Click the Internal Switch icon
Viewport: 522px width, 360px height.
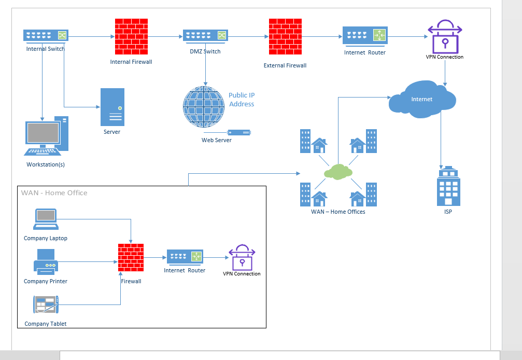click(46, 35)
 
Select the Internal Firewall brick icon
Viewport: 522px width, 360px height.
click(131, 36)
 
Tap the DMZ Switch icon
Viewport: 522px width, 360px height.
click(205, 35)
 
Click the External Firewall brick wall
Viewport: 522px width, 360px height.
click(286, 37)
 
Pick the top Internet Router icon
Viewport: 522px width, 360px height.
click(364, 35)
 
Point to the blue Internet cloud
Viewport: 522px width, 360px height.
click(422, 100)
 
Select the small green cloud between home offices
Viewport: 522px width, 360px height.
click(338, 171)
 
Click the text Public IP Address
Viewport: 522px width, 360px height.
click(242, 100)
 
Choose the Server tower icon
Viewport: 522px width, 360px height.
click(112, 107)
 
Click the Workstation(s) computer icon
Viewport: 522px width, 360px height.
click(46, 136)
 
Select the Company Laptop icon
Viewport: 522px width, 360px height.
click(46, 219)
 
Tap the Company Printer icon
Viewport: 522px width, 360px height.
click(46, 261)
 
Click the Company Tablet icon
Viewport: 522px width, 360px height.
click(46, 304)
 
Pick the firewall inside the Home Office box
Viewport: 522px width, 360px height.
click(131, 257)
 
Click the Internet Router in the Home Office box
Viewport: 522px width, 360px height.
click(185, 257)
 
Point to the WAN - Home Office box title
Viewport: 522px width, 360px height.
click(54, 193)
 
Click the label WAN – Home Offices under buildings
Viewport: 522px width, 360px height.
click(338, 212)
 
